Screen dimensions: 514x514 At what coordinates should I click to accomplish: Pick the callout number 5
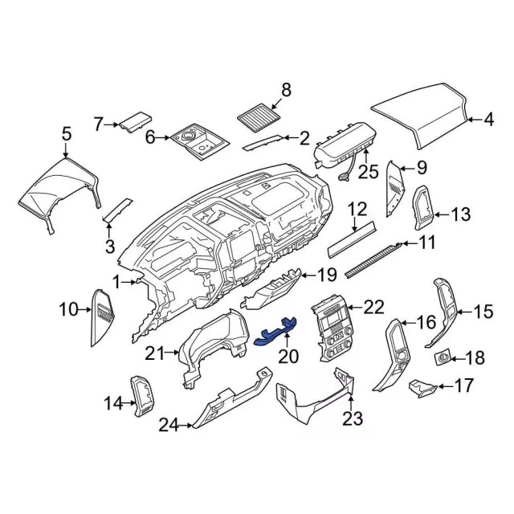[x=66, y=135]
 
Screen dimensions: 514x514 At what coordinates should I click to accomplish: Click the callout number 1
[x=116, y=282]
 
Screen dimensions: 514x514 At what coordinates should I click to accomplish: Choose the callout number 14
[x=113, y=402]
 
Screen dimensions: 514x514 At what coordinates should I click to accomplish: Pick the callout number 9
[x=422, y=169]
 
